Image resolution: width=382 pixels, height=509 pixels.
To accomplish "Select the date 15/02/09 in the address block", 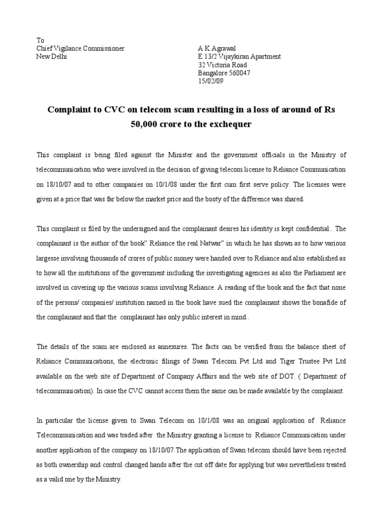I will point(211,81).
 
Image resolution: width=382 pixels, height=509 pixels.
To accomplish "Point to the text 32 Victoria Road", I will point(222,65).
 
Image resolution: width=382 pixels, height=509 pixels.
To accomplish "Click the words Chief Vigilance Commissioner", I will point(81,49).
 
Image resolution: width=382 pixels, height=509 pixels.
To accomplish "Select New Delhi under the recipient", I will point(52,57).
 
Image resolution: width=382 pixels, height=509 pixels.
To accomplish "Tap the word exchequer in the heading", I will point(228,124).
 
